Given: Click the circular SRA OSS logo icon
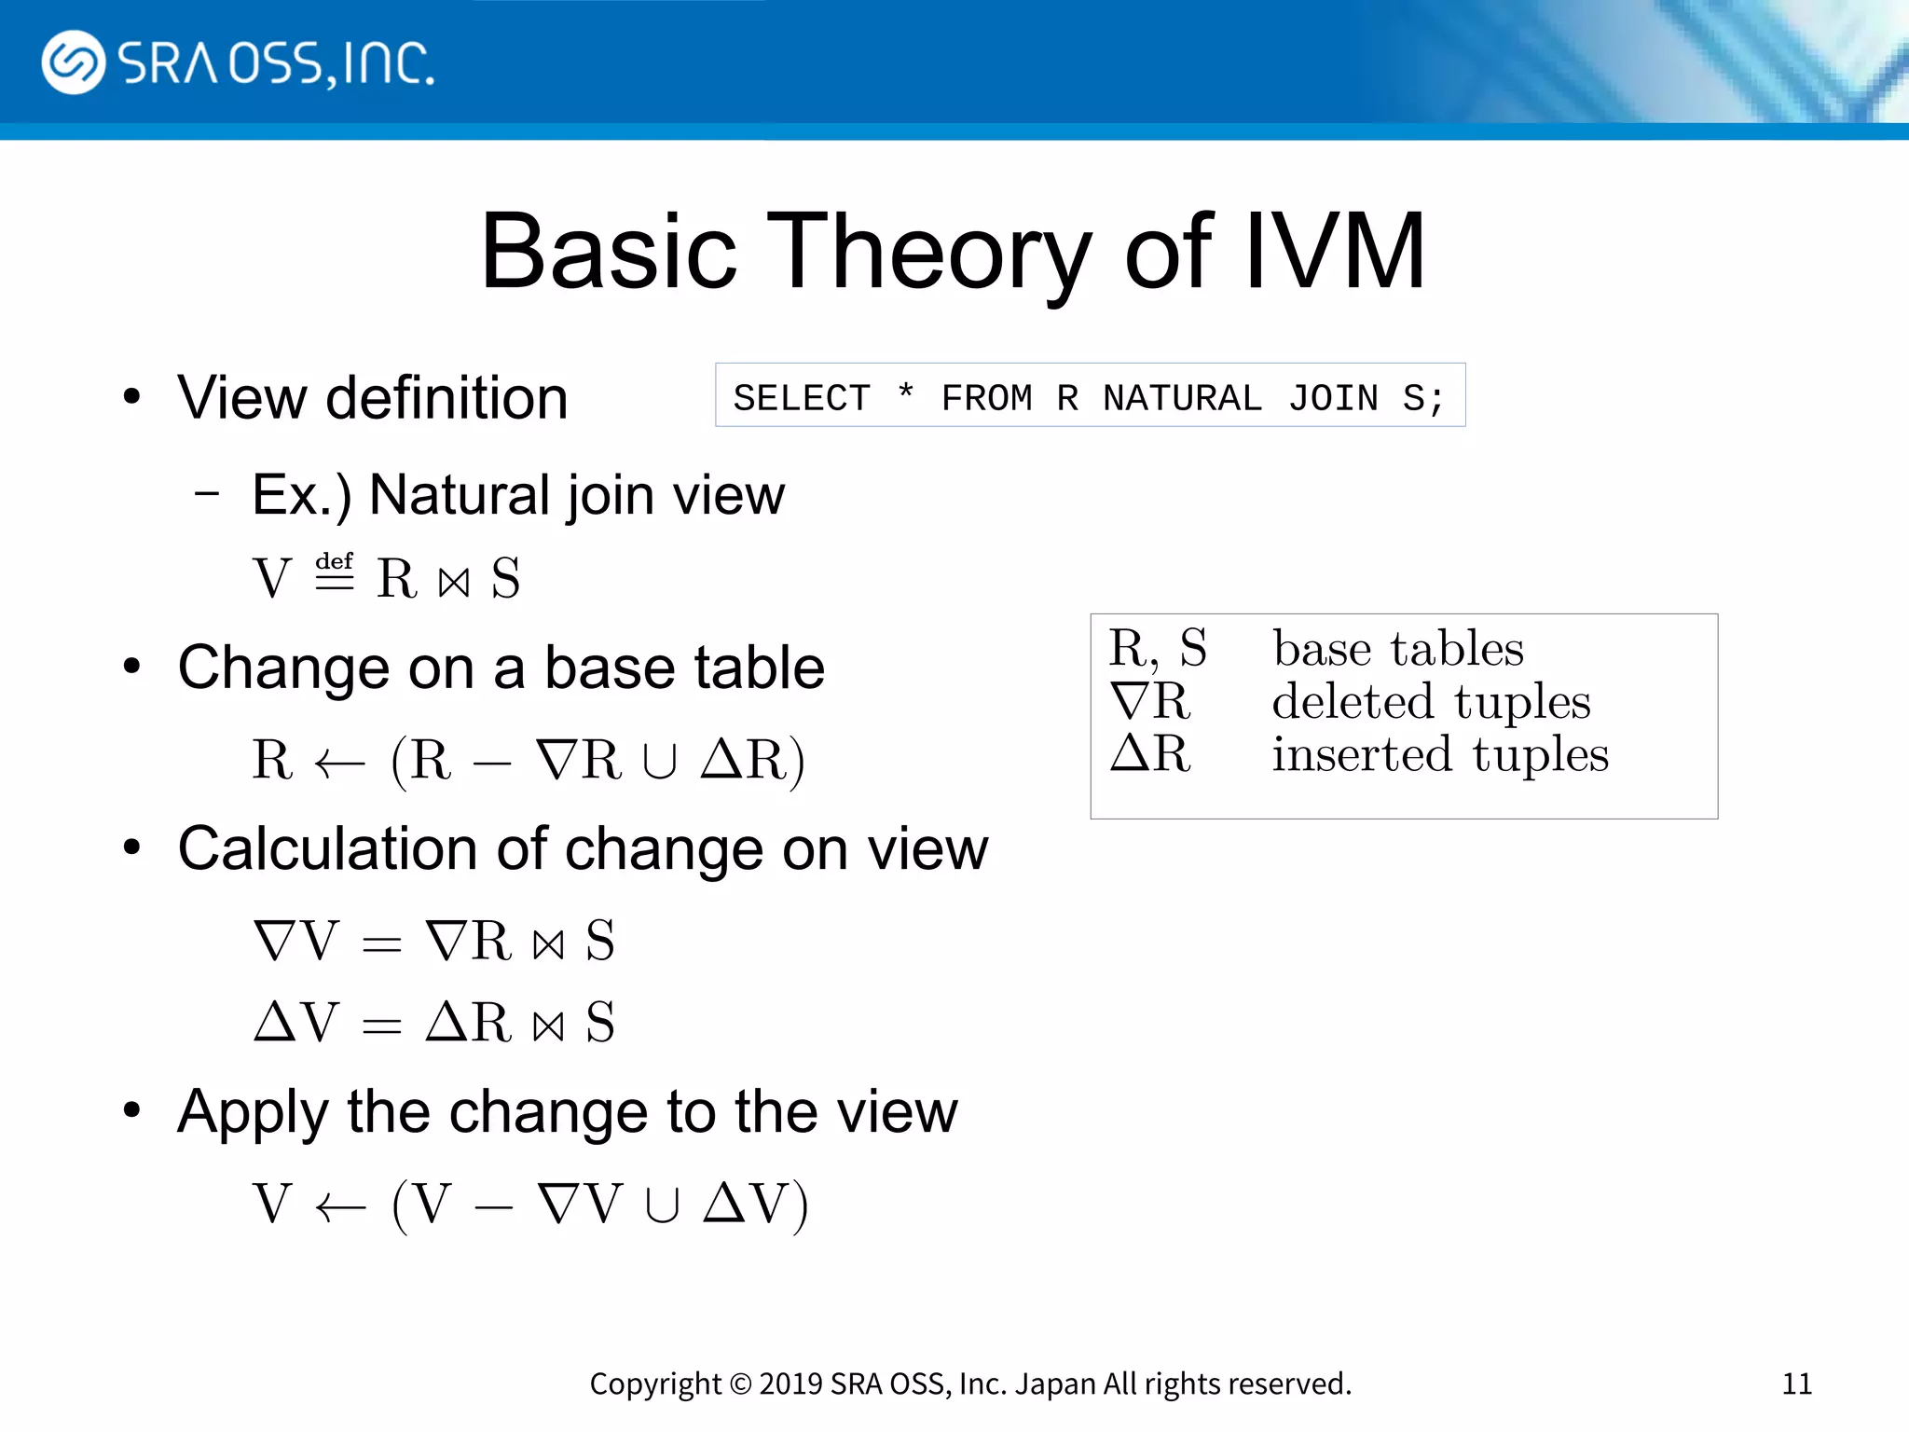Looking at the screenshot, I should point(73,62).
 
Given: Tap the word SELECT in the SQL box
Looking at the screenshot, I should point(802,398).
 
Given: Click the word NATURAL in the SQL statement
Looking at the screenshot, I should point(1182,398).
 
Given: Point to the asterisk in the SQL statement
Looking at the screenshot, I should point(905,392).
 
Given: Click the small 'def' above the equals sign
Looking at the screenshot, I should point(334,561).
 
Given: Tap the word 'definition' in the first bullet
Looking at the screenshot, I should point(446,398).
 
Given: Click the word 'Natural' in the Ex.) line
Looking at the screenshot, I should point(459,495).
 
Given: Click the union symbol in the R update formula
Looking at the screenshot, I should point(659,763).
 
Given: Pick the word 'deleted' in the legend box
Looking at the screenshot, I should point(1353,701).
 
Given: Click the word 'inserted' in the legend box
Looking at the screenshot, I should point(1362,754).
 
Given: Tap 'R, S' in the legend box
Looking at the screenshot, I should point(1157,648).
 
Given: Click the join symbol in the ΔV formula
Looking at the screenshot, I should point(549,1026).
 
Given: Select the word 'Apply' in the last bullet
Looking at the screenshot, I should point(253,1112).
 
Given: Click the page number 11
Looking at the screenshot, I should point(1796,1384).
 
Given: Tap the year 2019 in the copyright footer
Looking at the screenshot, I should point(790,1384).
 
